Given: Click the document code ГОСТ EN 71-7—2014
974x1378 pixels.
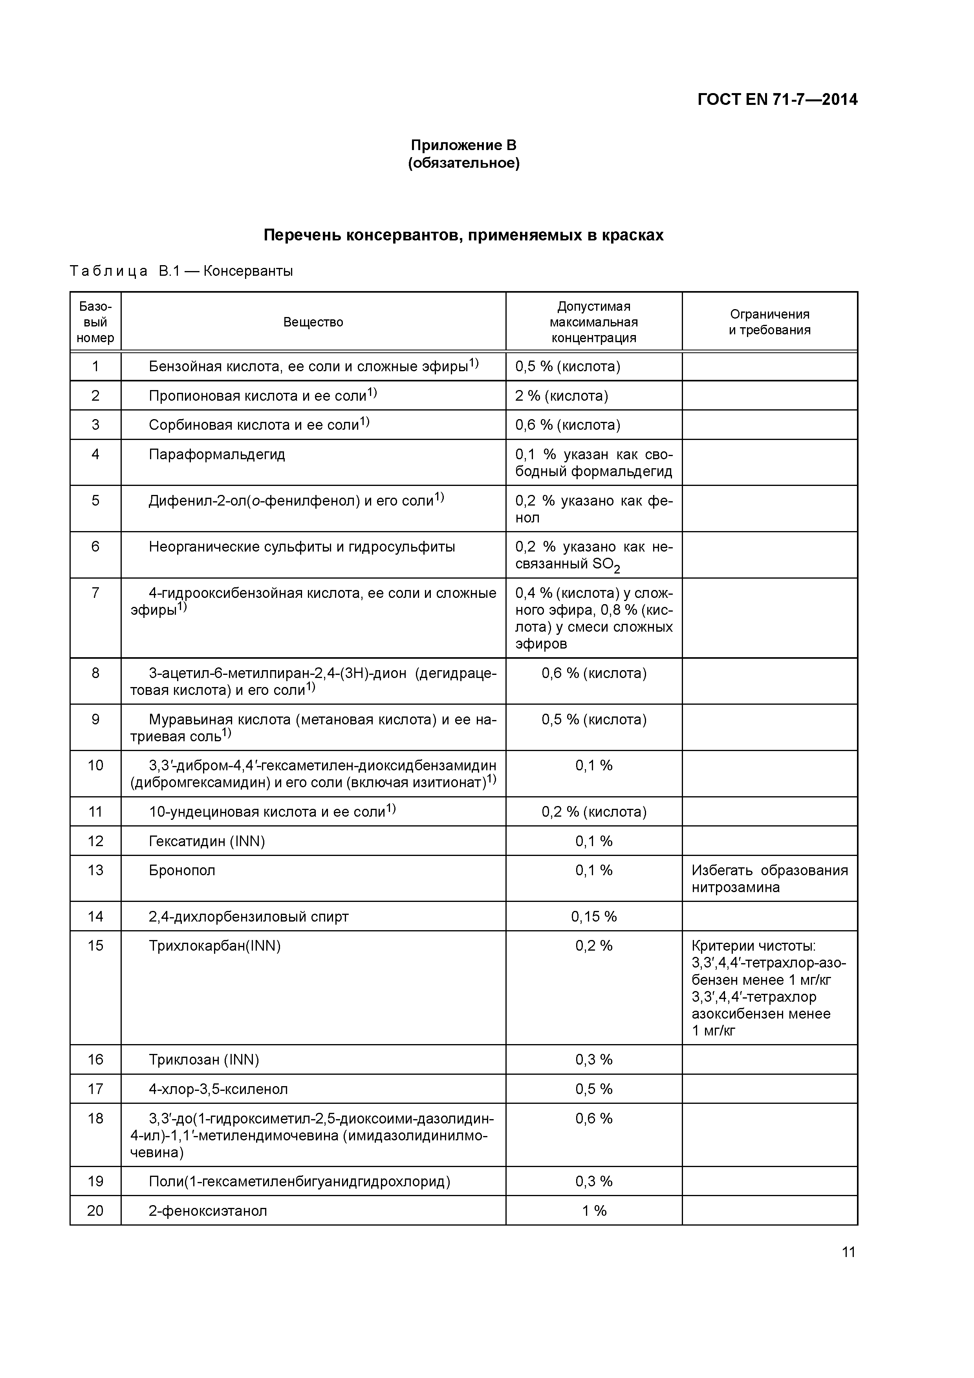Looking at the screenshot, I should coord(777,99).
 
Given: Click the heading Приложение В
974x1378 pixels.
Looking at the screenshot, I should coord(463,145).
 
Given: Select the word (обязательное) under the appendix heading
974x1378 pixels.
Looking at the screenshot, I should coord(463,163).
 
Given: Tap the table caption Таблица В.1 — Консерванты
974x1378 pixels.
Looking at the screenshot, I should coord(181,271).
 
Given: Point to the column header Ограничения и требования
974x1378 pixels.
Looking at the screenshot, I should coord(769,322).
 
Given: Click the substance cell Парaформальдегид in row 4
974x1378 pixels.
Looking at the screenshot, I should coord(217,454).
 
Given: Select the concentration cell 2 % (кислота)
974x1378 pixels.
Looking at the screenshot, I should coord(561,396).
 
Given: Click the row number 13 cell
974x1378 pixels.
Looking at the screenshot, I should coord(95,870).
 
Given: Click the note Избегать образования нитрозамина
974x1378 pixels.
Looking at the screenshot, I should coord(769,879).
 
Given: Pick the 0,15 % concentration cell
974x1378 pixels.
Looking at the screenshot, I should coord(593,916).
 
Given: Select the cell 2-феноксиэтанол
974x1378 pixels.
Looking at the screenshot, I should coord(208,1211).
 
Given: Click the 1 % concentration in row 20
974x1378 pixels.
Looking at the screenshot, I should coord(593,1211).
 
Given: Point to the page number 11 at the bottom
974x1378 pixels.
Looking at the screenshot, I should coord(848,1252).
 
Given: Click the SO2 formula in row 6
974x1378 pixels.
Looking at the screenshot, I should coord(606,565).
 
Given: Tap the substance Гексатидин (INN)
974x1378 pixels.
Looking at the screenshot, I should coord(207,841).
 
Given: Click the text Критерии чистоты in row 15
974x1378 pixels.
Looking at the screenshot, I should coord(753,946).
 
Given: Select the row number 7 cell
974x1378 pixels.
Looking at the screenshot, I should coord(95,593).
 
